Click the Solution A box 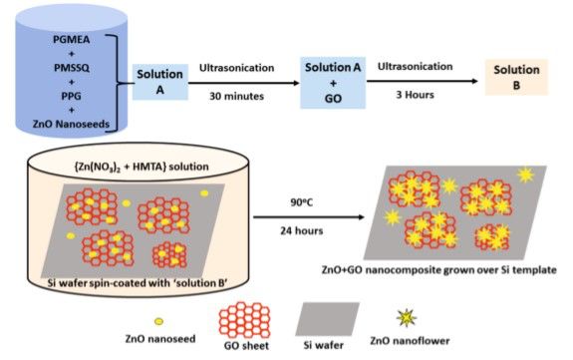click(x=160, y=82)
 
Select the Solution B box click(x=516, y=77)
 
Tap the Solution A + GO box click(x=333, y=83)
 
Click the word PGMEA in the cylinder click(x=72, y=40)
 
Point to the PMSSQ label click(x=72, y=68)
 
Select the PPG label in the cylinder click(x=72, y=96)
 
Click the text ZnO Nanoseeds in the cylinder click(x=72, y=124)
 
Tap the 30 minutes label click(x=236, y=96)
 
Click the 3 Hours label click(x=416, y=95)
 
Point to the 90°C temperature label click(x=302, y=202)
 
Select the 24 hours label click(x=302, y=230)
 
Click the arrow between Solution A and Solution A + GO click(x=244, y=83)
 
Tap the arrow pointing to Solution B click(x=423, y=81)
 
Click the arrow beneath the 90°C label click(x=309, y=217)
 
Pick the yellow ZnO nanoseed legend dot click(x=158, y=321)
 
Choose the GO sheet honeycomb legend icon click(x=244, y=320)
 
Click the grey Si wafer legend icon click(x=328, y=319)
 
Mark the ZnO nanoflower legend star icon click(x=407, y=318)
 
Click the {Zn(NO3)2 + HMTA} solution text click(x=142, y=167)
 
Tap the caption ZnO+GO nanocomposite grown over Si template click(x=438, y=270)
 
